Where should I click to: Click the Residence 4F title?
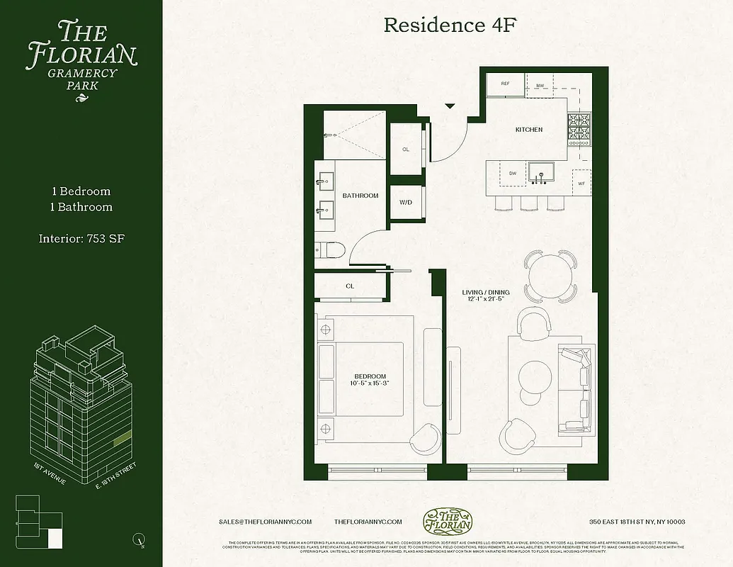point(447,26)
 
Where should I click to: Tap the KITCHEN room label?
point(528,130)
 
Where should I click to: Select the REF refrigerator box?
point(505,84)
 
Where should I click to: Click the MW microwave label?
point(540,86)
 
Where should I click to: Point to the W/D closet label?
point(405,203)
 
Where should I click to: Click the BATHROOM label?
point(360,196)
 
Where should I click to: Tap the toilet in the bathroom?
point(330,250)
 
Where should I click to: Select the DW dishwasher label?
point(512,173)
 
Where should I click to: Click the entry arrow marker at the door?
point(450,106)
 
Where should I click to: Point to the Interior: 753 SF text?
point(82,238)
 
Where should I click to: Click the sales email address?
point(266,522)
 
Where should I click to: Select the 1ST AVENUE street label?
point(50,473)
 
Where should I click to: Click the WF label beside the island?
point(581,184)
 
